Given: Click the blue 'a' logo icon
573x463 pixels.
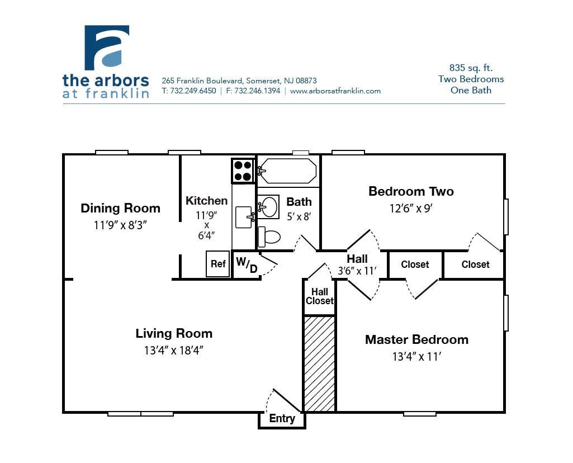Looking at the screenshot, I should tap(107, 48).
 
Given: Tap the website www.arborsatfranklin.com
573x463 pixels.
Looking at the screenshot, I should tap(335, 91).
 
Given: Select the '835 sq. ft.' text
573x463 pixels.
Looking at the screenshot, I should tap(471, 68).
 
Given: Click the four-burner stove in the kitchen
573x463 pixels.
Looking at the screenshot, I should tap(243, 171).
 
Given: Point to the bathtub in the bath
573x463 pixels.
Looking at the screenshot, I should tap(288, 171).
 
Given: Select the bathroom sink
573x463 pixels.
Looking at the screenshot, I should tap(269, 206).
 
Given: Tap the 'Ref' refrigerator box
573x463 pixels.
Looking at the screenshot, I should tap(218, 264).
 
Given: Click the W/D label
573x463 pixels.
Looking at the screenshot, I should tap(247, 265).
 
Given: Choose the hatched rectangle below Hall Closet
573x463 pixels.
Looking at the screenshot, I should tap(319, 363).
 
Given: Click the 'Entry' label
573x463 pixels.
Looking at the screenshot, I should tap(282, 419).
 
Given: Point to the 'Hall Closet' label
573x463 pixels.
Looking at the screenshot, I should tap(320, 296).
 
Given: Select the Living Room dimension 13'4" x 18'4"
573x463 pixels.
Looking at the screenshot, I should tap(174, 351).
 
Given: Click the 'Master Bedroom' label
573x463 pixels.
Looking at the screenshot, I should tap(416, 339).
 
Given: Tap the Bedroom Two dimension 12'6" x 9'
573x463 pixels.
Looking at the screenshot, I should tap(411, 209).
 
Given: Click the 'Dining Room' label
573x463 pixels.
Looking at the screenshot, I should tap(120, 208).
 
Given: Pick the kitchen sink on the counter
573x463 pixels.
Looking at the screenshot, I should tap(243, 218).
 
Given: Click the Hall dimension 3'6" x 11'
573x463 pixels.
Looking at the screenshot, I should tap(357, 271).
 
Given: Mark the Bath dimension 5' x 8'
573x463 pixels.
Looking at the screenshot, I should tap(299, 216).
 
